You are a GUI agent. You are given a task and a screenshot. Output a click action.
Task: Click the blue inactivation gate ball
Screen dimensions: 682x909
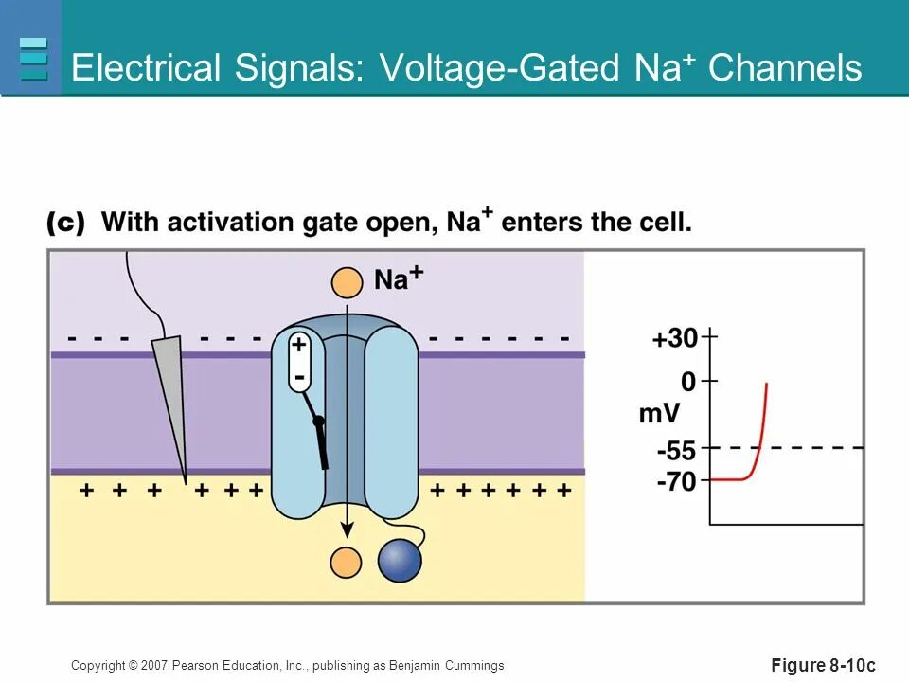click(400, 560)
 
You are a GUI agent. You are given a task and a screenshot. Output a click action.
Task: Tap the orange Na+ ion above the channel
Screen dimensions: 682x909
click(347, 281)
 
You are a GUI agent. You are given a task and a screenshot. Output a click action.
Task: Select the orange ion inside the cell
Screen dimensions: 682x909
click(346, 563)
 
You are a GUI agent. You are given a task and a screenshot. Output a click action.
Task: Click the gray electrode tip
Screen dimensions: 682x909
click(170, 398)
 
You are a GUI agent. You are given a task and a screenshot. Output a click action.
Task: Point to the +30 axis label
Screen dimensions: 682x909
click(674, 338)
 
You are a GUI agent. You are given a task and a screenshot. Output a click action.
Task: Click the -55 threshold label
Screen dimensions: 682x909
click(676, 451)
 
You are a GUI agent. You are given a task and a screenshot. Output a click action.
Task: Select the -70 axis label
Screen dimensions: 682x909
click(676, 482)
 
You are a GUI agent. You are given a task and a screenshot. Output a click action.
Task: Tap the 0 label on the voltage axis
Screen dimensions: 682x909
click(687, 382)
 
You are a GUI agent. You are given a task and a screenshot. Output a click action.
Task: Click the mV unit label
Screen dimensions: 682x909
click(660, 414)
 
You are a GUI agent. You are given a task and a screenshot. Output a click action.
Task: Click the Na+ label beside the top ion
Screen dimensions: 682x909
click(398, 278)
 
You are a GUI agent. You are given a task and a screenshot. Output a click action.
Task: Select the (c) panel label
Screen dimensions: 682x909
click(65, 224)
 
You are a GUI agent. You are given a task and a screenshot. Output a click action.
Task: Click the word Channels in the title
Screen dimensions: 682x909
click(785, 68)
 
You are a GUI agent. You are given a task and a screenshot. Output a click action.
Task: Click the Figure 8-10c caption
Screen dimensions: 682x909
click(824, 666)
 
